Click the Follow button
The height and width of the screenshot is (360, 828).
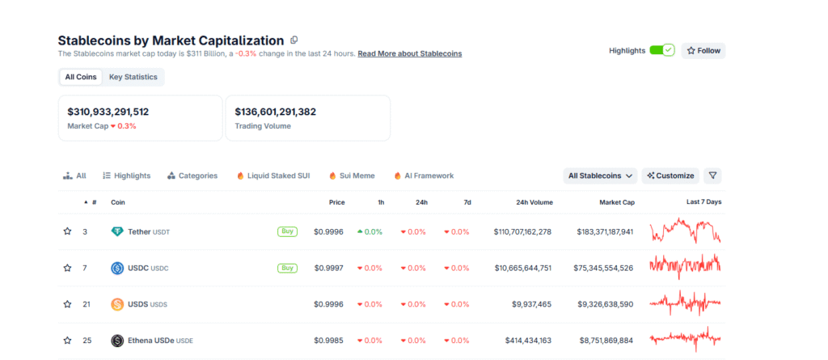(703, 50)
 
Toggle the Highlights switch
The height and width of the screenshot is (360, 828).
(661, 50)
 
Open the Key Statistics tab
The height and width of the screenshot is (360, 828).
(134, 77)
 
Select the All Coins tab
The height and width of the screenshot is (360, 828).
(81, 77)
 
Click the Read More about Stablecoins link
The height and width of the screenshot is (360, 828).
(409, 53)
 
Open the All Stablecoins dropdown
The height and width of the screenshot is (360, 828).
(600, 176)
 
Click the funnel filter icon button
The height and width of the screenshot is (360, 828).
(712, 176)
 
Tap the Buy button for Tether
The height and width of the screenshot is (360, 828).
(287, 231)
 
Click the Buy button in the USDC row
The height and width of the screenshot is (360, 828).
(287, 268)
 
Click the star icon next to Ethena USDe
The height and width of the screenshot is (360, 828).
(68, 341)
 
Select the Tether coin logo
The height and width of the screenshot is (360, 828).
(117, 231)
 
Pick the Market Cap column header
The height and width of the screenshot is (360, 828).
(616, 202)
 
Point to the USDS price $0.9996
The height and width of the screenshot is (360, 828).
(328, 304)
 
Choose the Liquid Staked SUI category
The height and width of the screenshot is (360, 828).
(272, 176)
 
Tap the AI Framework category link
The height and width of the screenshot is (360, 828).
(424, 176)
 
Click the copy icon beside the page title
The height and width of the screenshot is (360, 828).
(294, 40)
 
